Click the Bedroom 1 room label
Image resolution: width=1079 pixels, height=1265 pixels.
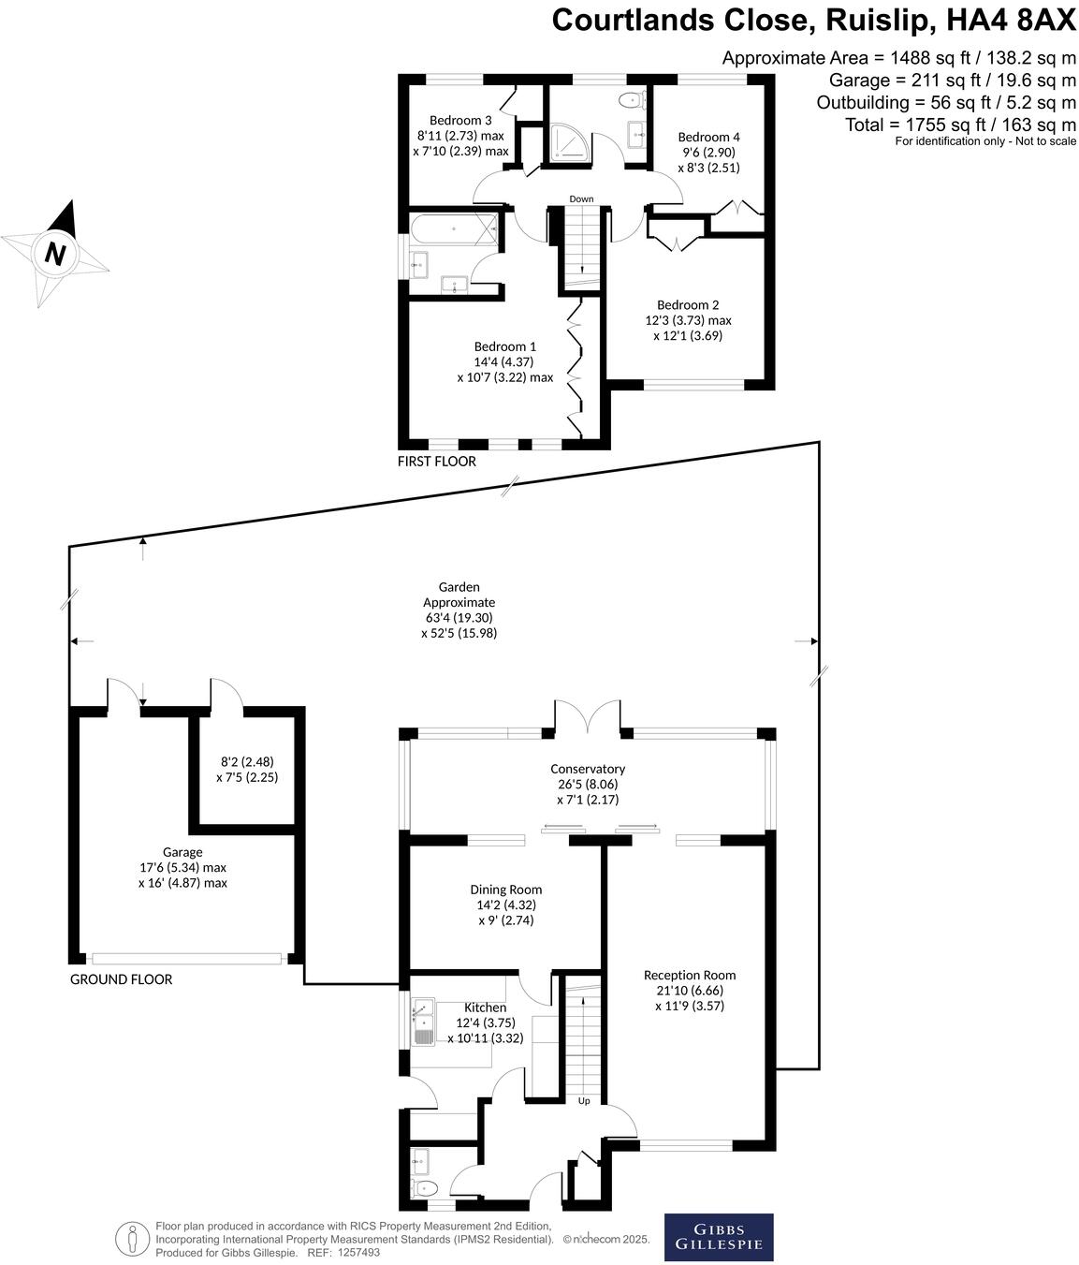coord(504,346)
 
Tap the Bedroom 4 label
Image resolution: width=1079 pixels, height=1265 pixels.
coord(708,137)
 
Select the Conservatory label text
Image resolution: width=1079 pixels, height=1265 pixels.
coord(587,769)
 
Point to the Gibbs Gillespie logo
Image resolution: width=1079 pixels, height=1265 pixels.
coord(718,1237)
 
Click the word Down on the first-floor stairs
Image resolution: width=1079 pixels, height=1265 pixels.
coord(581,199)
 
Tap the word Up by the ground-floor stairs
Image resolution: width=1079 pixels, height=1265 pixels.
coord(584,1100)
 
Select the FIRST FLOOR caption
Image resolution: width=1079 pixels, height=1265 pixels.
coord(436,461)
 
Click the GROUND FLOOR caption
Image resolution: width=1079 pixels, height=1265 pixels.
coord(121,979)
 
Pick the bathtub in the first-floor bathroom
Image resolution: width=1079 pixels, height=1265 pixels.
coord(453,228)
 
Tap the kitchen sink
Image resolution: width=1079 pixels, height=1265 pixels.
coord(424,1022)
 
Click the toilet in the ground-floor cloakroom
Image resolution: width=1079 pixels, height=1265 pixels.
coord(424,1187)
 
